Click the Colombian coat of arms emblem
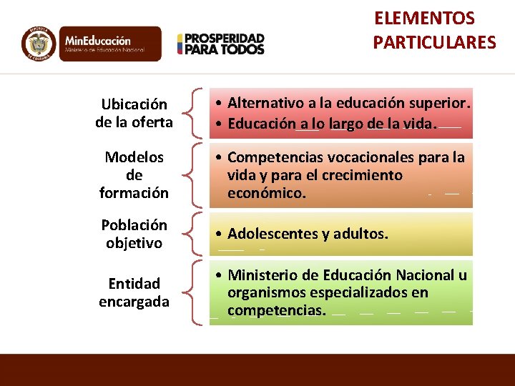(39, 44)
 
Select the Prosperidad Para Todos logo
(220, 44)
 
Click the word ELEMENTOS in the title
(424, 18)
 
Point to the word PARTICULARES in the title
(434, 43)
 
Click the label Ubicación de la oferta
(134, 114)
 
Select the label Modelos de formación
(134, 175)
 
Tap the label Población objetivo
(134, 234)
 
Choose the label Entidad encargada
(134, 292)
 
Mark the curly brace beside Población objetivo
(191, 234)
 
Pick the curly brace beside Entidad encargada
(191, 293)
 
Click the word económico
(266, 193)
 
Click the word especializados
(344, 292)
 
